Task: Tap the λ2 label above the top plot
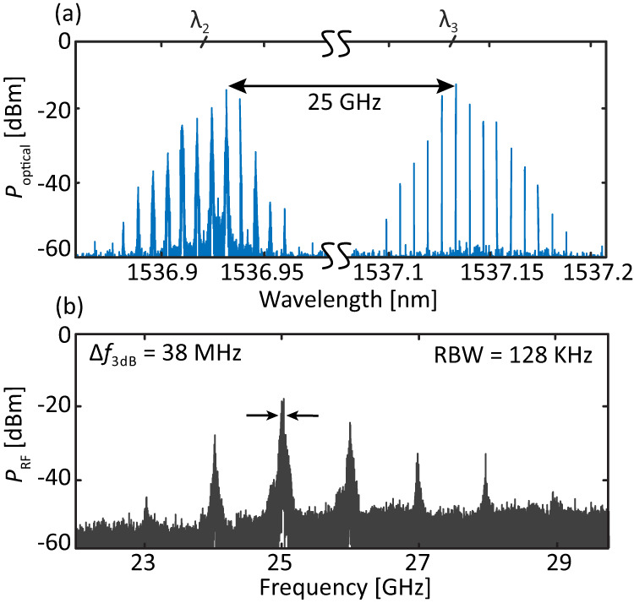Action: click(199, 22)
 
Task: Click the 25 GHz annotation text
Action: click(342, 106)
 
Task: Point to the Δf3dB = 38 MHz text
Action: click(165, 356)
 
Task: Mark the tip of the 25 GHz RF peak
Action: click(283, 399)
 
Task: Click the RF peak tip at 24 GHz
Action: click(215, 436)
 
